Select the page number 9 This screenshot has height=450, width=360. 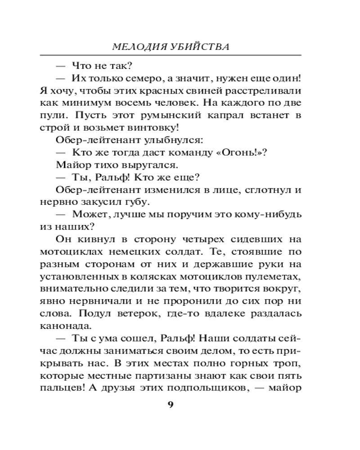[x=171, y=404]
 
